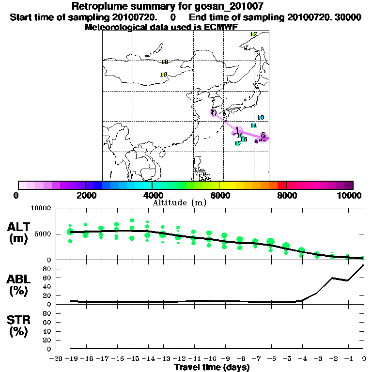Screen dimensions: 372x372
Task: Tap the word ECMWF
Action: [x=221, y=27]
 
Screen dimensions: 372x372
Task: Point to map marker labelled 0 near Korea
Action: [x=214, y=113]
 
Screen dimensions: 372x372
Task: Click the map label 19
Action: [x=164, y=75]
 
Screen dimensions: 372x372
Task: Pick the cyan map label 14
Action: [x=253, y=125]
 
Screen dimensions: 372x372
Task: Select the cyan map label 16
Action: [x=244, y=139]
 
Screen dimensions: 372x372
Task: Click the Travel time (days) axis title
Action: [x=212, y=367]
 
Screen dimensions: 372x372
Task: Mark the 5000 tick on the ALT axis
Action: [x=43, y=234]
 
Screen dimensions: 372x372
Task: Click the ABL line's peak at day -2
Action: [x=333, y=278]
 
